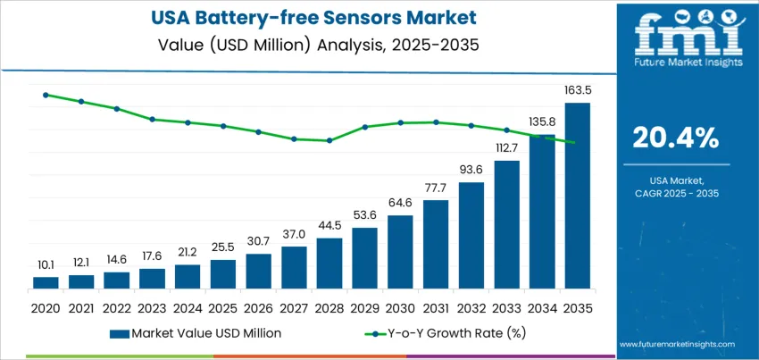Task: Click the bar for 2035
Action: coord(578,197)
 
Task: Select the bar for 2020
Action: coord(46,282)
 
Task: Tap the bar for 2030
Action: coord(400,252)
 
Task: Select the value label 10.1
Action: coord(46,264)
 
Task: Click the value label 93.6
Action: coord(471,170)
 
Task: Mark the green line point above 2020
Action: coord(46,95)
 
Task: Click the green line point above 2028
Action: coord(329,140)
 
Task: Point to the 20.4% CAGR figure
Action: coord(674,138)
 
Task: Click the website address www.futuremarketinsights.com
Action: coord(675,344)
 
